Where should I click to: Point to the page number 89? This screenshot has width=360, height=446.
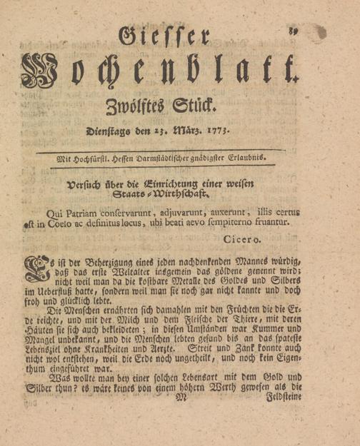click(294, 29)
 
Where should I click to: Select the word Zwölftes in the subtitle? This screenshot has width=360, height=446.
click(132, 108)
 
